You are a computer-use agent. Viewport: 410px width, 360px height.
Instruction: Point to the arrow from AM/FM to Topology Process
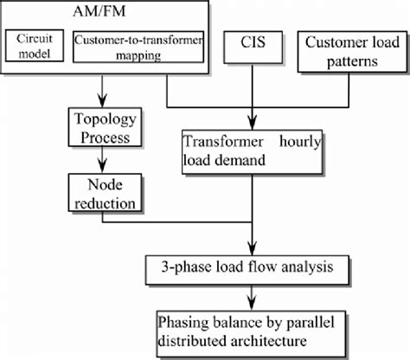pyautogui.click(x=103, y=91)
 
